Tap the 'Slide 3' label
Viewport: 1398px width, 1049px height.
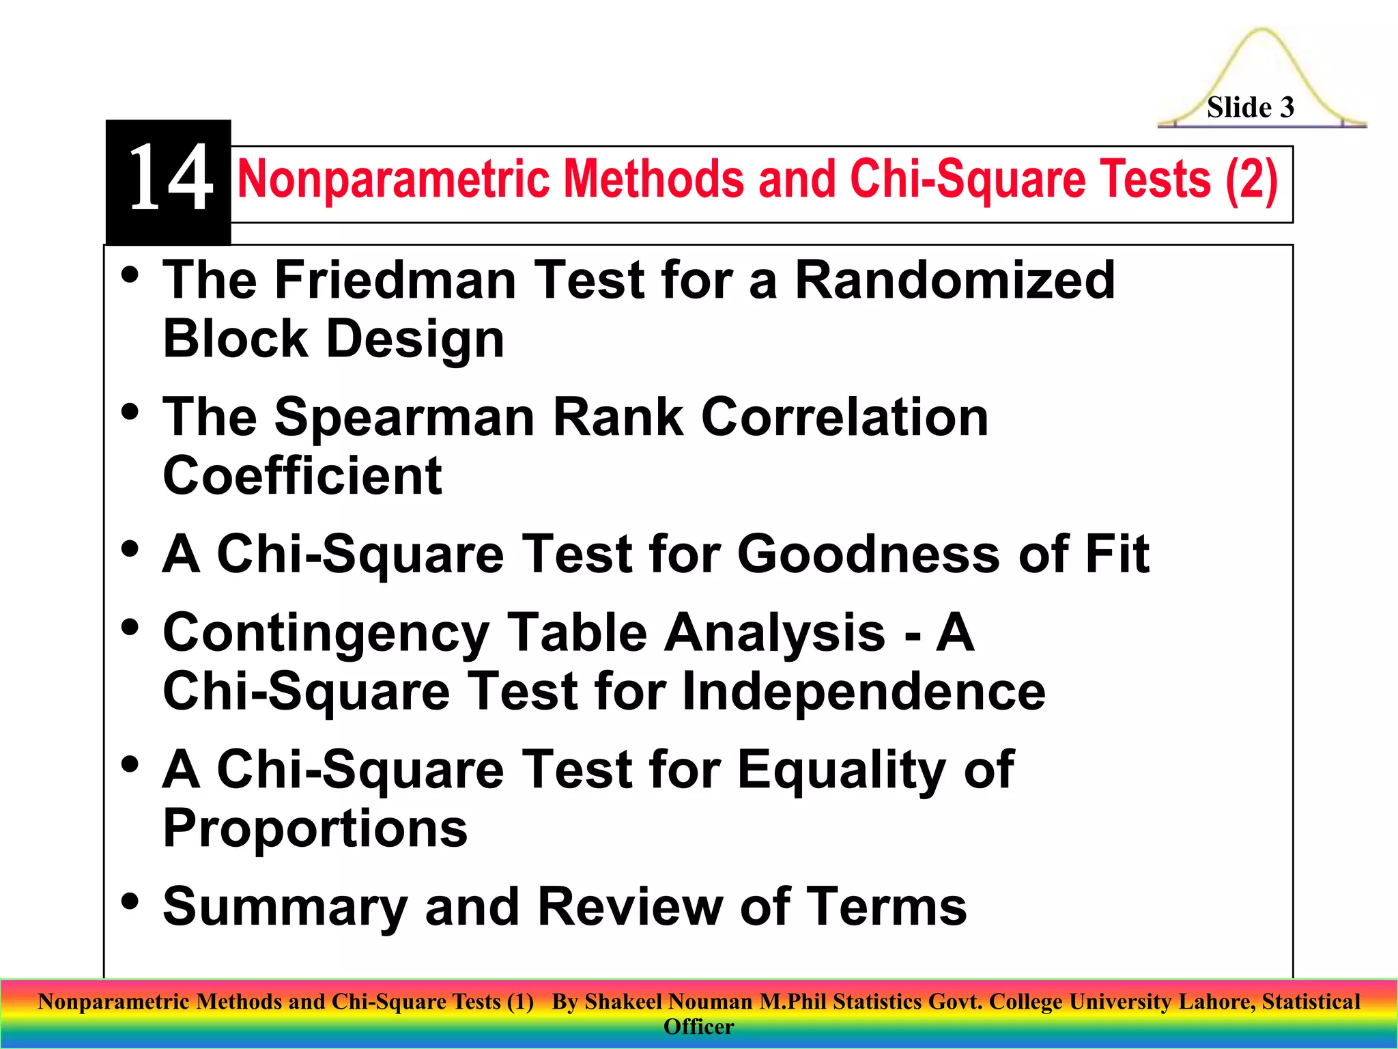click(x=1250, y=107)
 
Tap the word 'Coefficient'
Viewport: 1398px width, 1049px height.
click(x=302, y=476)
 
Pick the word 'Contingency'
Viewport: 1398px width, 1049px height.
click(x=326, y=634)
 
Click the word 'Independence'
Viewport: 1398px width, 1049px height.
click(x=864, y=691)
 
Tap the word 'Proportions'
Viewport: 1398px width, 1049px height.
click(x=315, y=828)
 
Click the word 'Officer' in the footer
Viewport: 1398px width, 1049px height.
click(x=698, y=1027)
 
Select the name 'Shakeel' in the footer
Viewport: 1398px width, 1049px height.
click(x=623, y=1002)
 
